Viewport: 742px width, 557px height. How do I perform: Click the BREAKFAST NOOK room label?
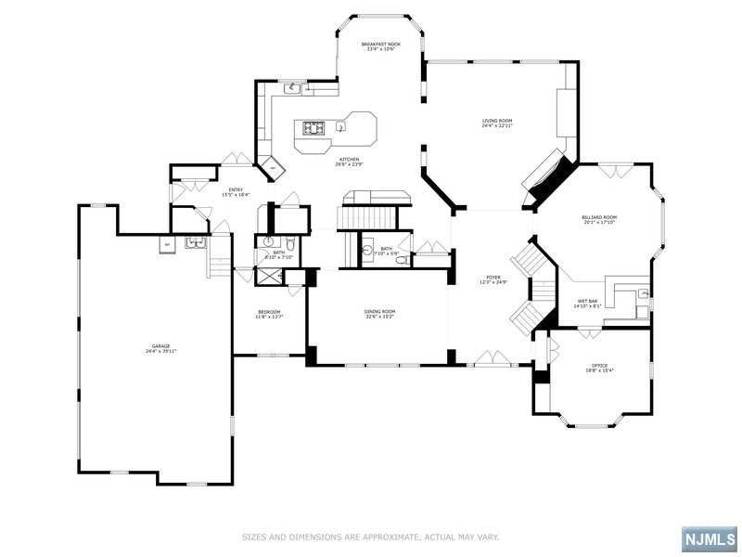click(x=380, y=44)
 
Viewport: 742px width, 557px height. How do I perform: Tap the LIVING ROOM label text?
click(x=497, y=121)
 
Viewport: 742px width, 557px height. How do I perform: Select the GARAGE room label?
click(x=160, y=345)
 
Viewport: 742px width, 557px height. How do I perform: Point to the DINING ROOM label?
click(x=380, y=311)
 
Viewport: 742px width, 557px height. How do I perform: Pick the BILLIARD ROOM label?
click(x=600, y=217)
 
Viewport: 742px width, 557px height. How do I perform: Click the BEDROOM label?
click(x=269, y=311)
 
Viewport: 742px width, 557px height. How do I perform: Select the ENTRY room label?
click(x=237, y=189)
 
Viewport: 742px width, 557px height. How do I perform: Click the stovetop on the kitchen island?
click(x=312, y=128)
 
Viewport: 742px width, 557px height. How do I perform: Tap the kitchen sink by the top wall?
click(x=293, y=88)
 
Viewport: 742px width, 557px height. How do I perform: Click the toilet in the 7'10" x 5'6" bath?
click(x=401, y=261)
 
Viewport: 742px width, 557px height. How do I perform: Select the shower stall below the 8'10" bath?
click(x=268, y=276)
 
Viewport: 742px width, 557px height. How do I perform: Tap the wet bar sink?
click(x=642, y=295)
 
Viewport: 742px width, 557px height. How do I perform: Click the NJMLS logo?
click(x=710, y=538)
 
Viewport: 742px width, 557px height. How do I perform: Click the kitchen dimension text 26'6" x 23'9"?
click(x=349, y=165)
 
